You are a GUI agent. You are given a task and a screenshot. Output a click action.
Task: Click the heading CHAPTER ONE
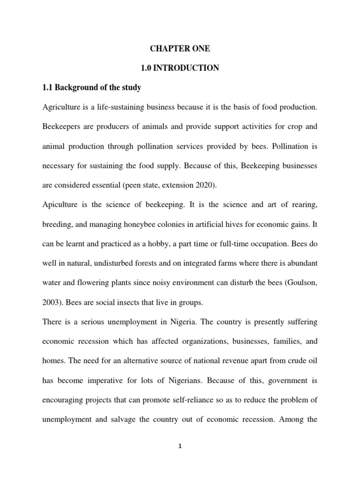point(180,49)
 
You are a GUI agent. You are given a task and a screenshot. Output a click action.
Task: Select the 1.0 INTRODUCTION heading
point(180,68)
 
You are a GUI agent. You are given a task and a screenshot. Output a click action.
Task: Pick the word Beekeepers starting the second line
point(62,127)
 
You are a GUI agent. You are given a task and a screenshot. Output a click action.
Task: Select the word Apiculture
point(60,205)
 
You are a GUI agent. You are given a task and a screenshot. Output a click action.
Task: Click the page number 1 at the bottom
point(180,460)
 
